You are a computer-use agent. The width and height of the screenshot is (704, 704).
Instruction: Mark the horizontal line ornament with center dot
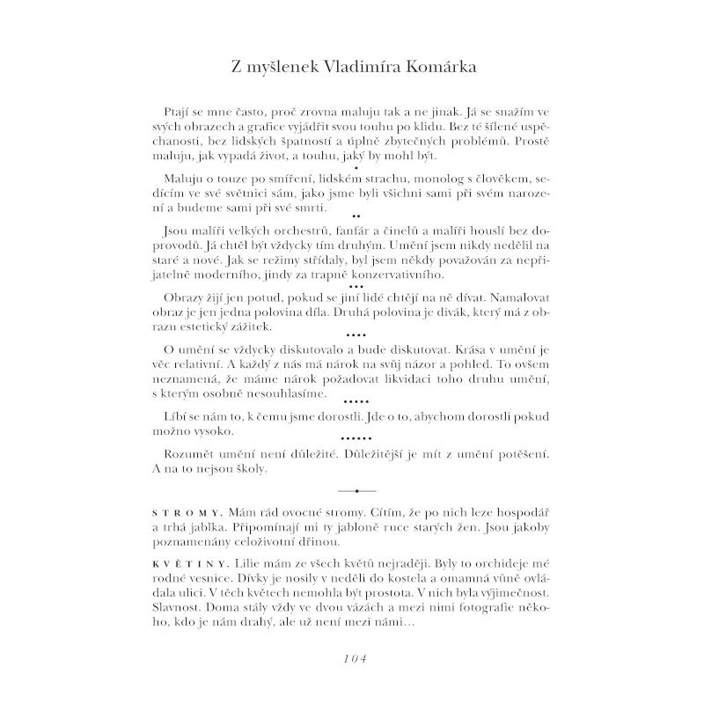356,490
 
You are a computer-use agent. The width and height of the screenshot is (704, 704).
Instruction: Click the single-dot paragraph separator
354,166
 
